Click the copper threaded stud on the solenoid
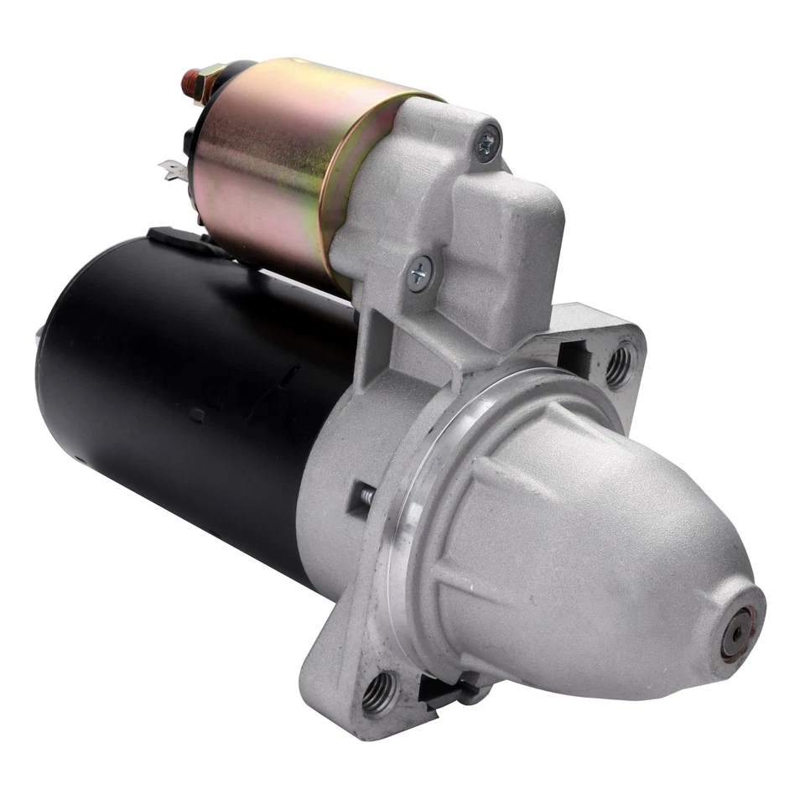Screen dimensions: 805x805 (188, 82)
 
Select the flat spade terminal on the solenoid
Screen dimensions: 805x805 (173, 173)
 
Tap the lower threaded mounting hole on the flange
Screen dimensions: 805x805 (378, 692)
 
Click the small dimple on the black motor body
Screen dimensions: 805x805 (196, 414)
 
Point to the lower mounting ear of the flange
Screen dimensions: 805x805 (361, 679)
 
